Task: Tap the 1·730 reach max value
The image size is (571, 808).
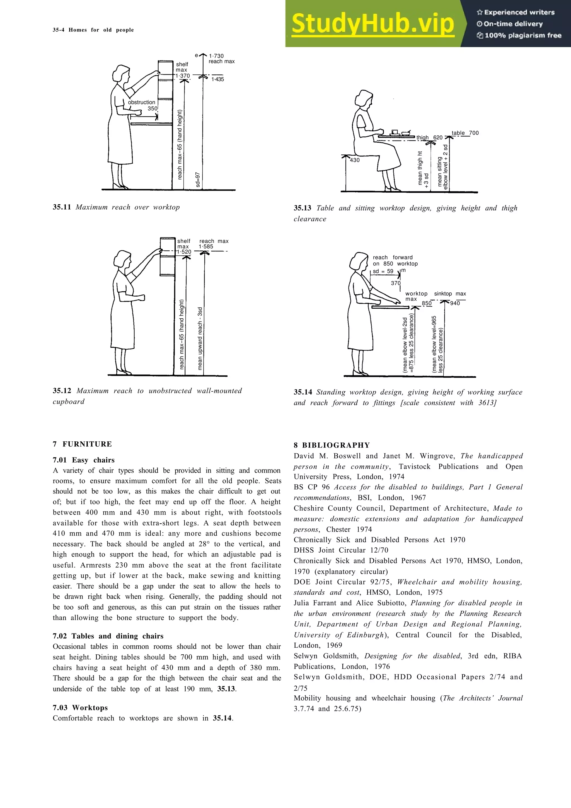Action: (x=216, y=56)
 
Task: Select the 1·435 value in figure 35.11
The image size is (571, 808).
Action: (x=217, y=79)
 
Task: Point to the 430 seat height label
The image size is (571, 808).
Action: (x=355, y=160)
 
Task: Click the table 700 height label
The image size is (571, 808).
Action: (x=465, y=133)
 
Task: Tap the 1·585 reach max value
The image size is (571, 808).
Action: (x=206, y=247)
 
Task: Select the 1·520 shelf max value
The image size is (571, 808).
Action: (x=184, y=252)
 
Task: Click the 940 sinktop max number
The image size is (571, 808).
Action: (x=455, y=303)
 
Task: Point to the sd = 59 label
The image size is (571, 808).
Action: (x=383, y=271)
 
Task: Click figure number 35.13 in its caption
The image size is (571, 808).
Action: (x=302, y=208)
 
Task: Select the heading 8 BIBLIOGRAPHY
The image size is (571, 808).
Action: (x=332, y=445)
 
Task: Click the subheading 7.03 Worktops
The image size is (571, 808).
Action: (x=80, y=708)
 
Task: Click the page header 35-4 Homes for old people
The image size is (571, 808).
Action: (x=93, y=30)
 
